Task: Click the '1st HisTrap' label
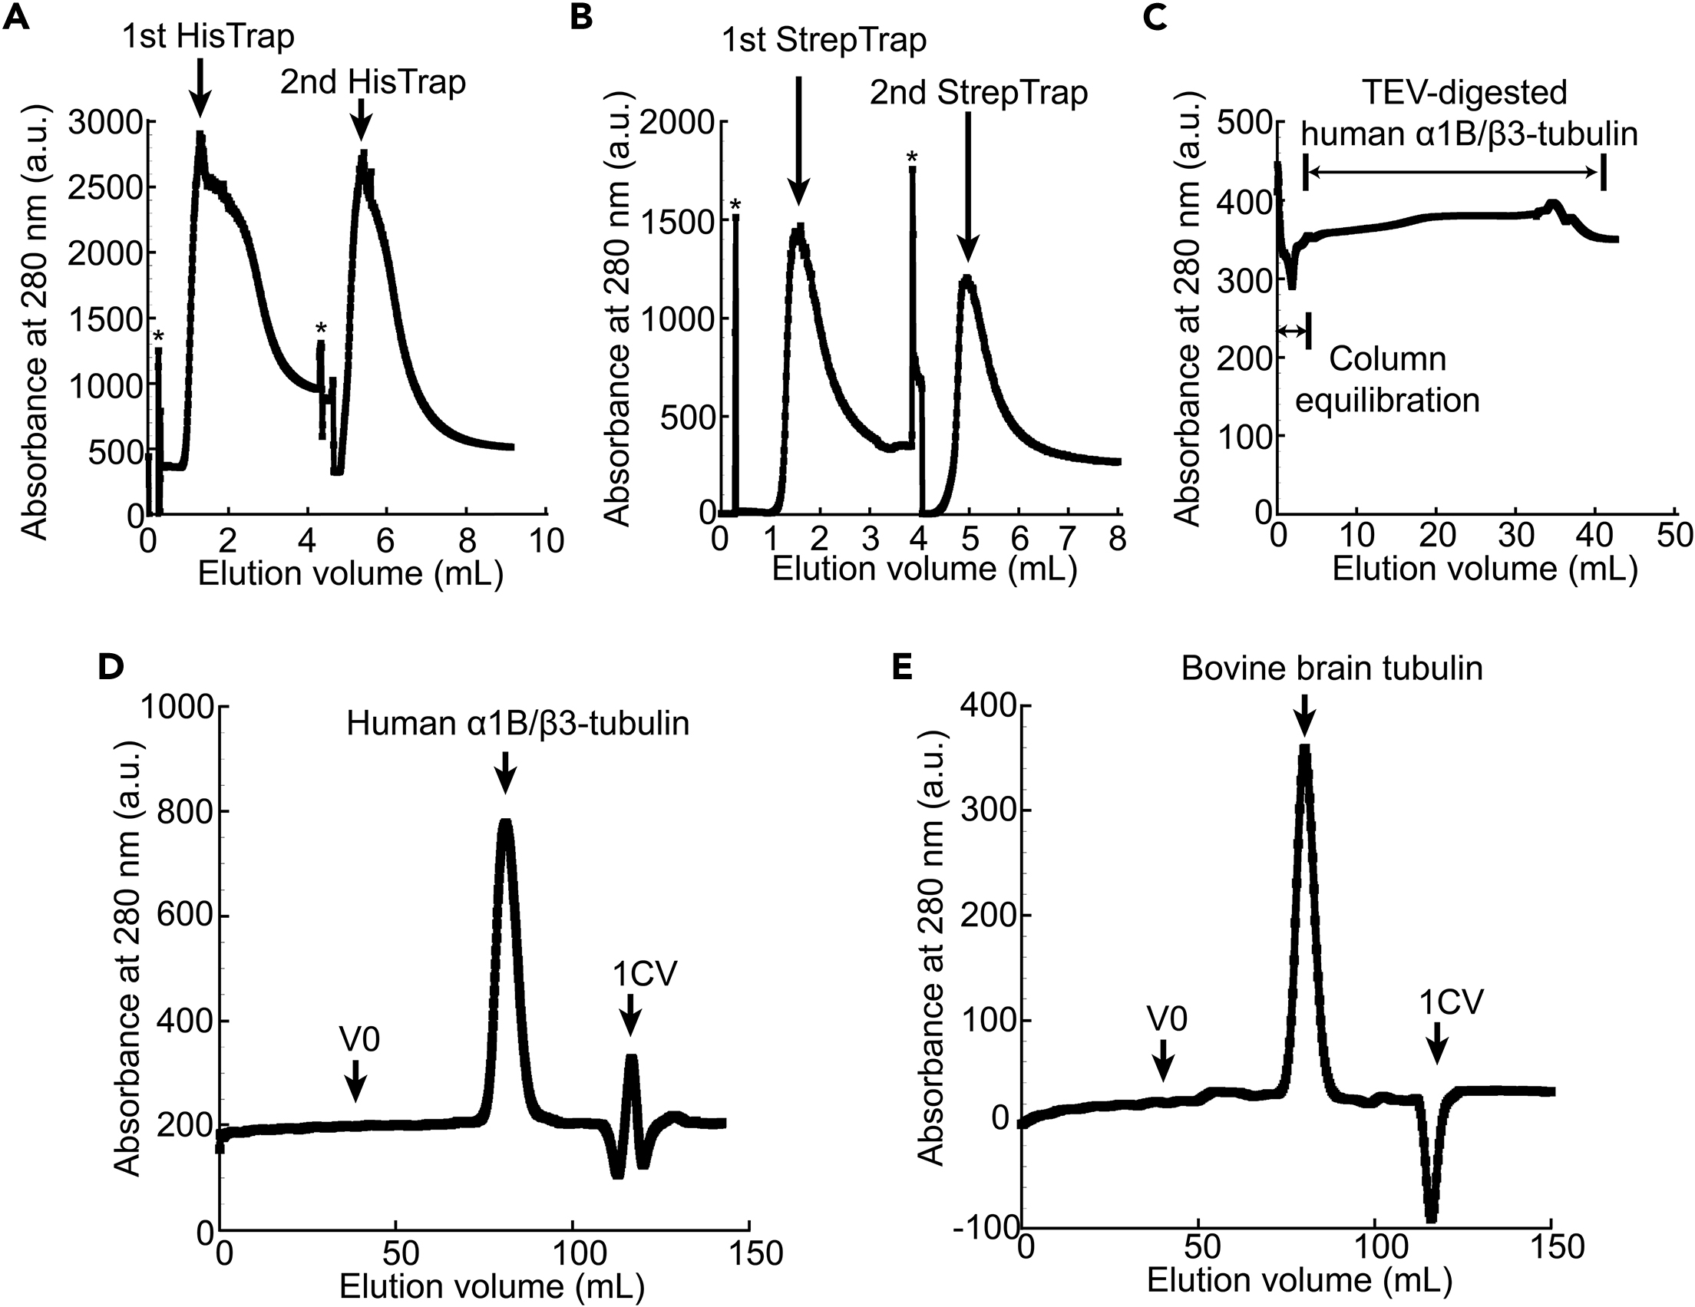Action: [x=208, y=37]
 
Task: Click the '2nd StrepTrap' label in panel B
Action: [x=978, y=93]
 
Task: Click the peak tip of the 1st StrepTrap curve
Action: [x=798, y=226]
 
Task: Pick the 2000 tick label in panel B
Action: [x=680, y=123]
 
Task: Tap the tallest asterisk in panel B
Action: [x=912, y=158]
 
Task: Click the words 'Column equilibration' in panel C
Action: [x=1388, y=381]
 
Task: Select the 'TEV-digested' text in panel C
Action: [x=1465, y=93]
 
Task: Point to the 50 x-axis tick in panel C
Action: [x=1675, y=536]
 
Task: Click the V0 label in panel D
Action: [x=359, y=1038]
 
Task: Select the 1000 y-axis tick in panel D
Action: [x=177, y=707]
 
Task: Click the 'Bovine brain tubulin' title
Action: [x=1332, y=668]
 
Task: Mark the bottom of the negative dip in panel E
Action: [x=1431, y=1218]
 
